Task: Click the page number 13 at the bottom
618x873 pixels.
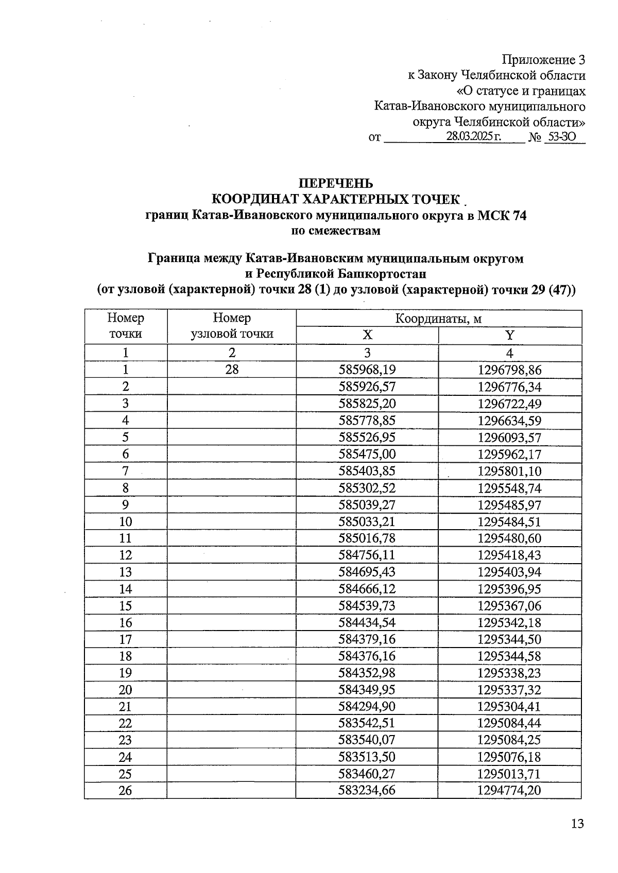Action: (x=577, y=824)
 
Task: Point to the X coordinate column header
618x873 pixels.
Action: (x=367, y=336)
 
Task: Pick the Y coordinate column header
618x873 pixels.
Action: (x=509, y=336)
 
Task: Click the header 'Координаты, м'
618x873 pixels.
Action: (x=438, y=319)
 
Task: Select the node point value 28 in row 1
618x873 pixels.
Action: (x=232, y=370)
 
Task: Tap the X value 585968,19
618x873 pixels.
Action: (x=367, y=370)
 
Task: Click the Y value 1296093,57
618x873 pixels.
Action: (x=509, y=438)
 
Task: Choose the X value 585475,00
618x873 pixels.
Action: (x=367, y=454)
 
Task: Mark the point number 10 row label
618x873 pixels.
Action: (x=126, y=521)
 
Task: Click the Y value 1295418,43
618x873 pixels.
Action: (x=509, y=555)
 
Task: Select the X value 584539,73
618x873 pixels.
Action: (x=367, y=606)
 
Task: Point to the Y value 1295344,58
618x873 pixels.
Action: (x=509, y=656)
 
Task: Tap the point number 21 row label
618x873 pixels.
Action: (x=126, y=707)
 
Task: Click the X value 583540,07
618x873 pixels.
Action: (x=367, y=740)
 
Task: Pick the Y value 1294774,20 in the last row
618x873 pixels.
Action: (x=509, y=791)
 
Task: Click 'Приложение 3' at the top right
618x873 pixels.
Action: (x=544, y=60)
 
